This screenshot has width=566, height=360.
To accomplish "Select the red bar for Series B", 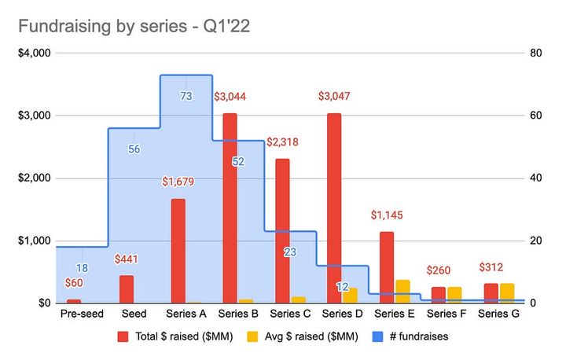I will (x=230, y=208).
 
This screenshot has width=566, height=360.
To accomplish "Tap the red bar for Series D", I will (x=334, y=208).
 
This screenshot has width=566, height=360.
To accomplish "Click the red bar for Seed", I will (x=126, y=289).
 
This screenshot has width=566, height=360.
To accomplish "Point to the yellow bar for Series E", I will (x=402, y=292).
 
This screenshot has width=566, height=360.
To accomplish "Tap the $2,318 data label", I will (x=283, y=142).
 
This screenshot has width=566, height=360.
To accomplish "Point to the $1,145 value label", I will (x=387, y=215).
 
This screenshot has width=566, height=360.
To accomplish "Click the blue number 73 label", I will (x=186, y=97).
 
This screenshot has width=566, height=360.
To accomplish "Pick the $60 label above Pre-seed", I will (x=74, y=283).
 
